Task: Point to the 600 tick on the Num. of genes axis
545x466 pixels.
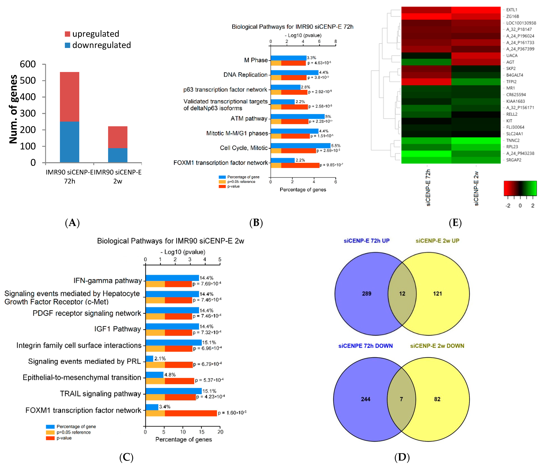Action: [28, 64]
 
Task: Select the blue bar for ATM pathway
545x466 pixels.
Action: [297, 116]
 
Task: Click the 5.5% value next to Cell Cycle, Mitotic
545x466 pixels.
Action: [336, 146]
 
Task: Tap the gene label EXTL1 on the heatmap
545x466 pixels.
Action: [512, 10]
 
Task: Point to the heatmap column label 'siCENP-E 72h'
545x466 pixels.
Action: [428, 188]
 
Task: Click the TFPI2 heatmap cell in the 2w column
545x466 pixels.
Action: [476, 82]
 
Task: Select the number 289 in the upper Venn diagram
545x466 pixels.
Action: [366, 294]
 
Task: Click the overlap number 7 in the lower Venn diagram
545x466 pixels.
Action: [401, 399]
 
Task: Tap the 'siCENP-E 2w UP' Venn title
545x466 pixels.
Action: [437, 241]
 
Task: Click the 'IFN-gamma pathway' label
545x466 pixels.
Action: [108, 281]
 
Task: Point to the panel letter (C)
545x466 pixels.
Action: [126, 457]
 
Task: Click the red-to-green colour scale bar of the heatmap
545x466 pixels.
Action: [520, 188]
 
